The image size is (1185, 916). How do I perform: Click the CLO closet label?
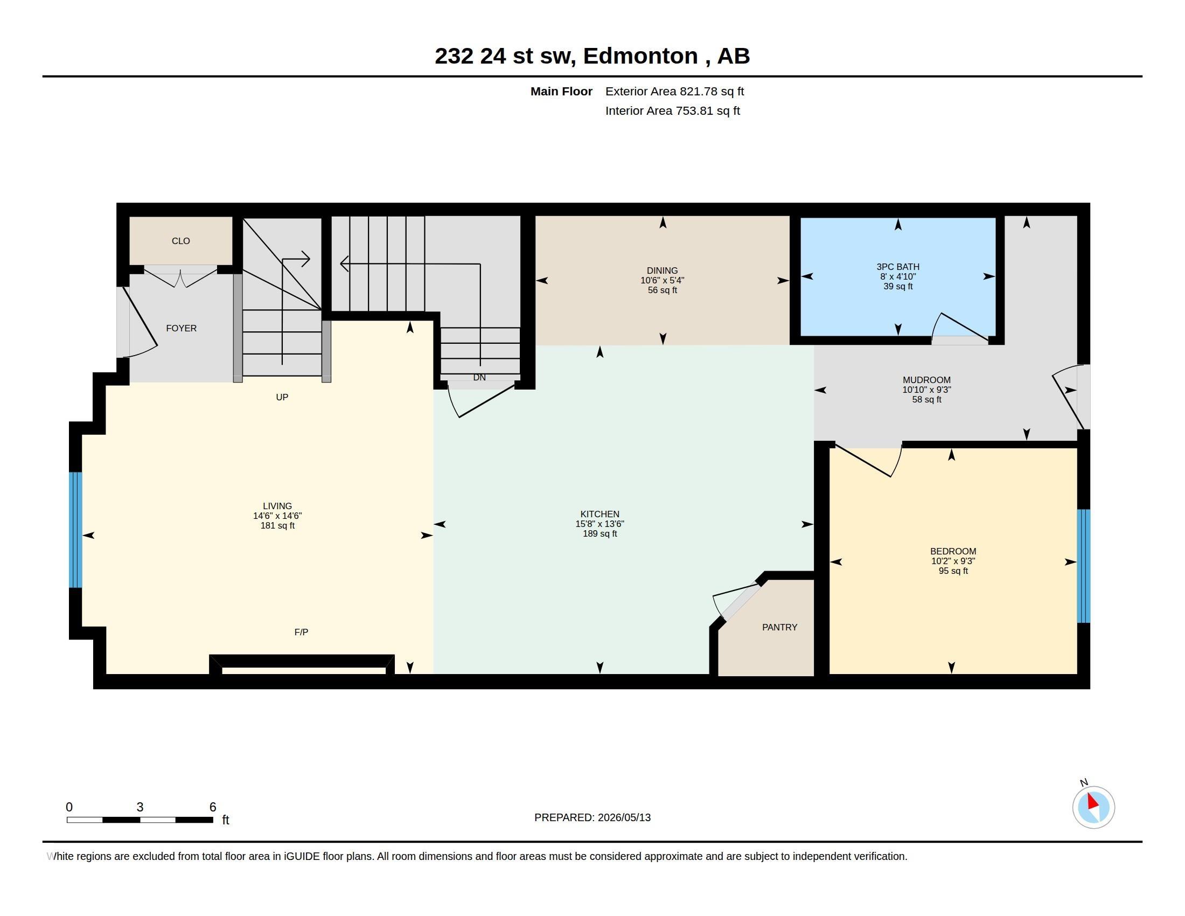(x=180, y=241)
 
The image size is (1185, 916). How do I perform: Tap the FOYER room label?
(x=181, y=328)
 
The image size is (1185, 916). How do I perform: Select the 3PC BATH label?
(x=898, y=267)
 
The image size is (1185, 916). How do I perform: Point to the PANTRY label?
(x=780, y=627)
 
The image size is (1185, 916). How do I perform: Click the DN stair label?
(x=479, y=378)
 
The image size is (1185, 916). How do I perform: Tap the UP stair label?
(x=282, y=397)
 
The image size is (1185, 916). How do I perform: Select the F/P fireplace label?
(x=301, y=632)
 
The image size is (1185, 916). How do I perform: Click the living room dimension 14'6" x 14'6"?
(x=277, y=516)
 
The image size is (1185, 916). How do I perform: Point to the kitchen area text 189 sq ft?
(x=600, y=534)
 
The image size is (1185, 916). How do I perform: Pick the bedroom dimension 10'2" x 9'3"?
(x=953, y=561)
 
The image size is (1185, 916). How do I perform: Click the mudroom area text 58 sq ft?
(x=927, y=400)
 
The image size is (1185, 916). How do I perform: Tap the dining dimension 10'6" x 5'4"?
(x=663, y=281)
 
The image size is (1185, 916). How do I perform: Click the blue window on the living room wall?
(x=75, y=530)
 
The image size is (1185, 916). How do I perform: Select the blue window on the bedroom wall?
(x=1084, y=566)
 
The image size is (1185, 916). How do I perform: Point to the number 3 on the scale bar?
(x=140, y=807)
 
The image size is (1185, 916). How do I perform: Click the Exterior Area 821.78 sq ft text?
(x=674, y=92)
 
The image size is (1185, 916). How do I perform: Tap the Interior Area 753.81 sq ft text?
(x=673, y=111)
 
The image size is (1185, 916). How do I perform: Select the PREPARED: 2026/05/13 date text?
(x=593, y=818)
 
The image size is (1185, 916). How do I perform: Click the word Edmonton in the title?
(x=640, y=56)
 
